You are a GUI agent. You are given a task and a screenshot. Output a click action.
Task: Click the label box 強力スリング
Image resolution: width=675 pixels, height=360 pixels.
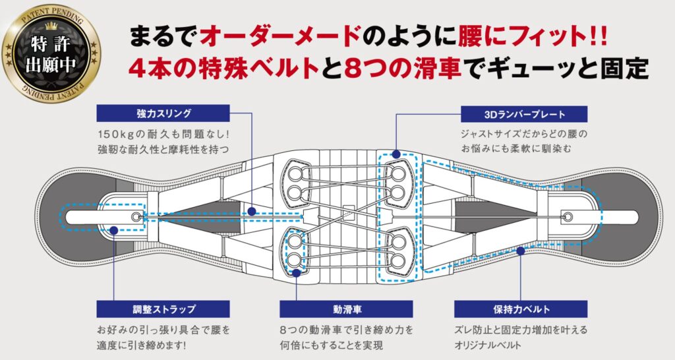point(163,113)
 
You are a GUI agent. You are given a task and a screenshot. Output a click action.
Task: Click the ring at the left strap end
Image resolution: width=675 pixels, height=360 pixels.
point(136,216)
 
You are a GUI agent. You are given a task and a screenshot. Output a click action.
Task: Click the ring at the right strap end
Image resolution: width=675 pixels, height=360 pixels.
point(566,216)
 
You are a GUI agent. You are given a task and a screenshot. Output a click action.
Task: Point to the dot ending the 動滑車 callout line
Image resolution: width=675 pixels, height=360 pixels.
point(297,271)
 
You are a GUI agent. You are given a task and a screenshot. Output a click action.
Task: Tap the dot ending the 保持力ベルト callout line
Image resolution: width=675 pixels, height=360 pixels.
point(521,250)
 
